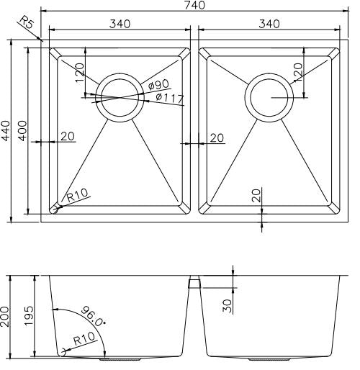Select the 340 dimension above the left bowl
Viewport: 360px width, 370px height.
tap(120, 24)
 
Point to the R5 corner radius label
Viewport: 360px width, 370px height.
tap(27, 27)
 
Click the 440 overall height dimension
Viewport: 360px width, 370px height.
tap(6, 130)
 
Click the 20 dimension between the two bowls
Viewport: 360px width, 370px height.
tap(216, 137)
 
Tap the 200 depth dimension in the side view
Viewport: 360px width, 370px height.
tap(6, 315)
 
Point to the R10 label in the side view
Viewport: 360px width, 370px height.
tap(86, 342)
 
